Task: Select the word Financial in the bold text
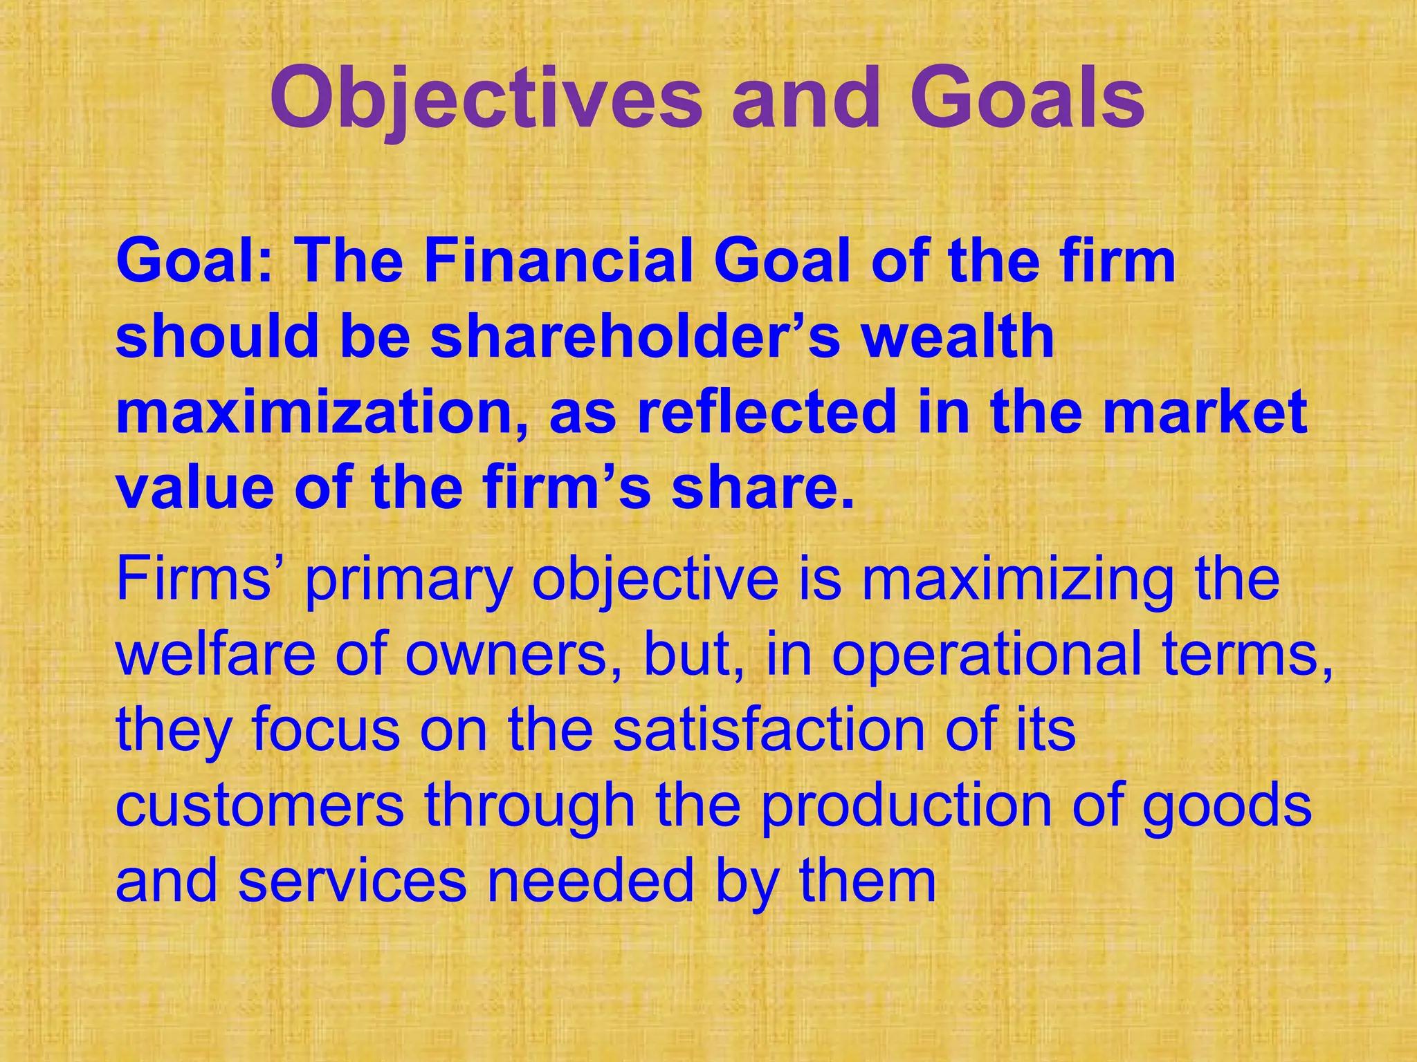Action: click(558, 263)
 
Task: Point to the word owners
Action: click(504, 655)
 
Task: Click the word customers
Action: click(260, 806)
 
